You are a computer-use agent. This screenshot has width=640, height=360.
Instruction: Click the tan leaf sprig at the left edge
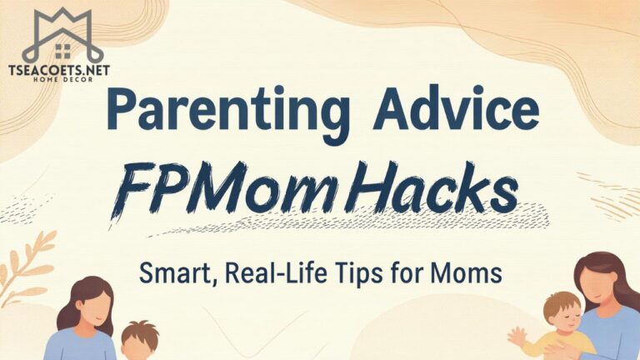click(x=25, y=258)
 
